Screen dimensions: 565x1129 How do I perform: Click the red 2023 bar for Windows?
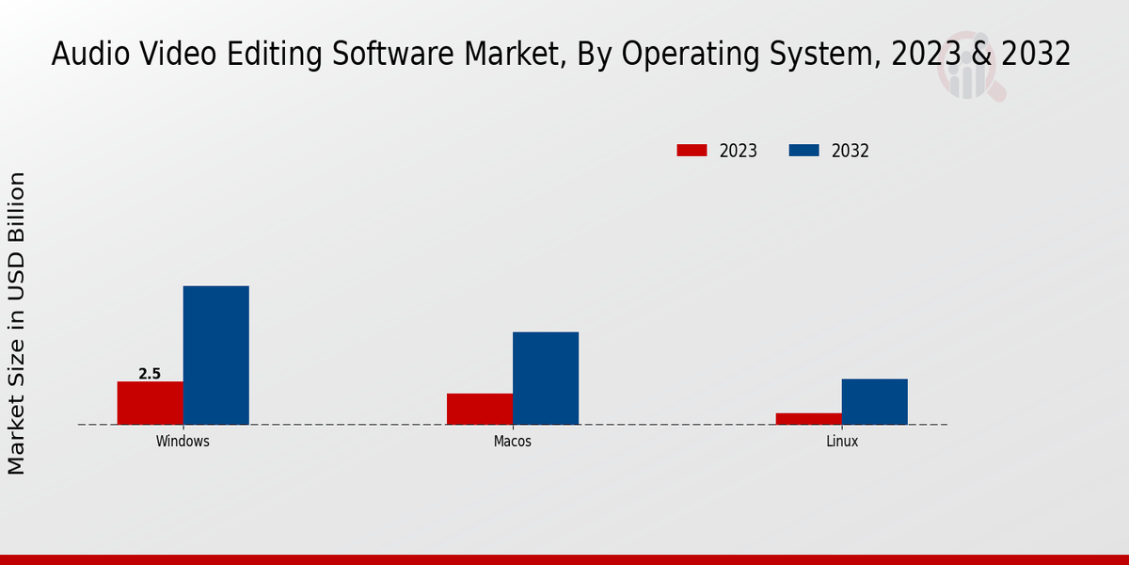pos(150,403)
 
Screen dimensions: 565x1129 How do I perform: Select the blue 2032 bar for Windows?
pos(215,355)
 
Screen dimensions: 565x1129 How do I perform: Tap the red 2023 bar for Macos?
pos(479,409)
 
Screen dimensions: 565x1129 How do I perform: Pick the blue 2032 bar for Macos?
pos(545,378)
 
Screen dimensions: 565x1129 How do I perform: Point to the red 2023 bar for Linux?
pos(808,418)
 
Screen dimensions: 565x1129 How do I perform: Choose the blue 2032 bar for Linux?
pos(874,401)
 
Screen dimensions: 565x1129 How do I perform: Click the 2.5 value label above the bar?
pos(150,374)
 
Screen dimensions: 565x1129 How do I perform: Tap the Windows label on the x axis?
pos(183,441)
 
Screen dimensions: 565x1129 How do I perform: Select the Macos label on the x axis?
pos(512,441)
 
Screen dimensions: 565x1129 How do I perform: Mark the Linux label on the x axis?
pos(841,441)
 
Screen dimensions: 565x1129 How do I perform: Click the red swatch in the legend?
pos(692,151)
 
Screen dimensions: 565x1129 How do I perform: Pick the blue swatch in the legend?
pos(803,151)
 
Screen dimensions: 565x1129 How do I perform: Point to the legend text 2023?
pos(738,151)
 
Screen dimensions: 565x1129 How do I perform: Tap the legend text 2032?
pos(850,151)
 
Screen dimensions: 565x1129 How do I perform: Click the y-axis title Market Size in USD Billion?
pos(17,323)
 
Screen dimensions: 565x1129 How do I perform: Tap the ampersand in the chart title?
pos(981,55)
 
